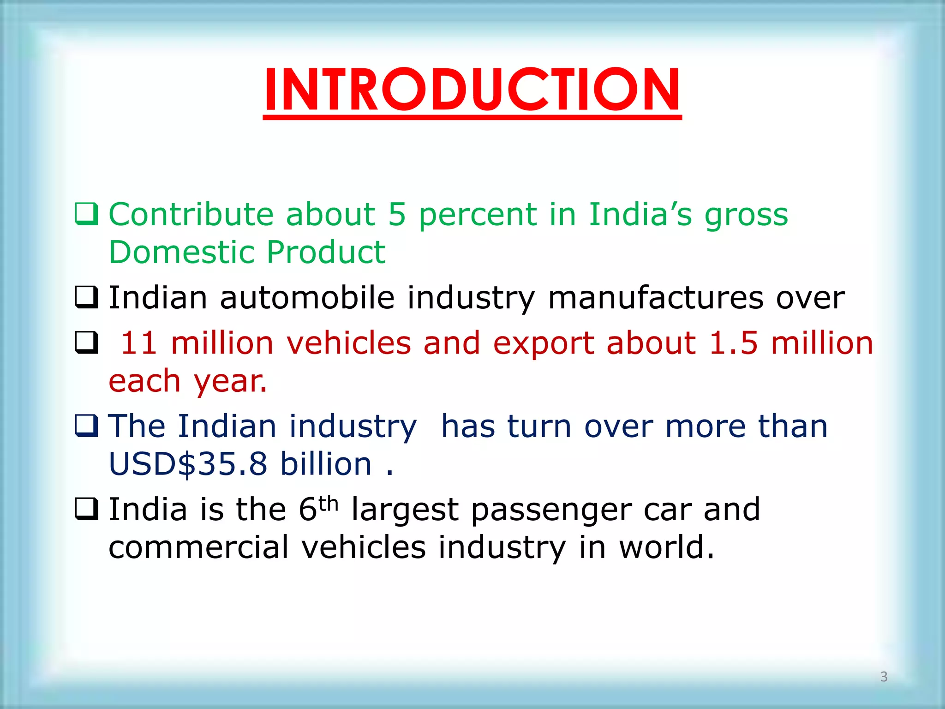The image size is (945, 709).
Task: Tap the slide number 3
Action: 884,676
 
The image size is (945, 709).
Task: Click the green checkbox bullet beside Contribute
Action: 86,214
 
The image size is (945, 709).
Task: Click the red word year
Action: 230,382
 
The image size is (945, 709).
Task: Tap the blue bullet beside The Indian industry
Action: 86,426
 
